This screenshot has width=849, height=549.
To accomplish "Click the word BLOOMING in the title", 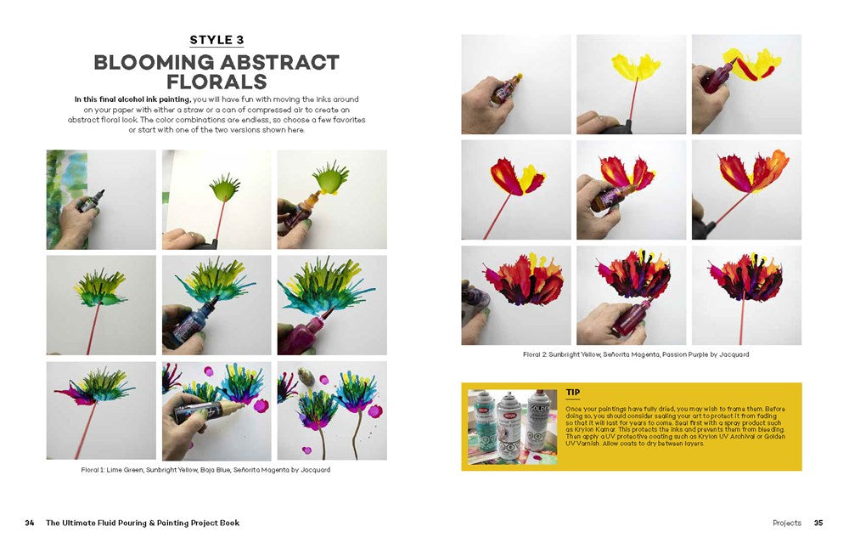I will pos(155,63).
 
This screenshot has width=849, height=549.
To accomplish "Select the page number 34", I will pos(30,523).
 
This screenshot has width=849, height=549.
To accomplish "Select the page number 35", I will pos(818,523).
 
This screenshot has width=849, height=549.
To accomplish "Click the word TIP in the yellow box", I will pos(573,393).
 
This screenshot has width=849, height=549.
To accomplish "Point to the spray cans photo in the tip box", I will pos(512,427).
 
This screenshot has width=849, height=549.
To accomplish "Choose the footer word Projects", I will pos(787,523).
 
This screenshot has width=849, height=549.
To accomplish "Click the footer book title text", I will pos(143,523).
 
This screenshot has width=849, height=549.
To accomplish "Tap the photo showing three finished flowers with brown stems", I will pos(332,410).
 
